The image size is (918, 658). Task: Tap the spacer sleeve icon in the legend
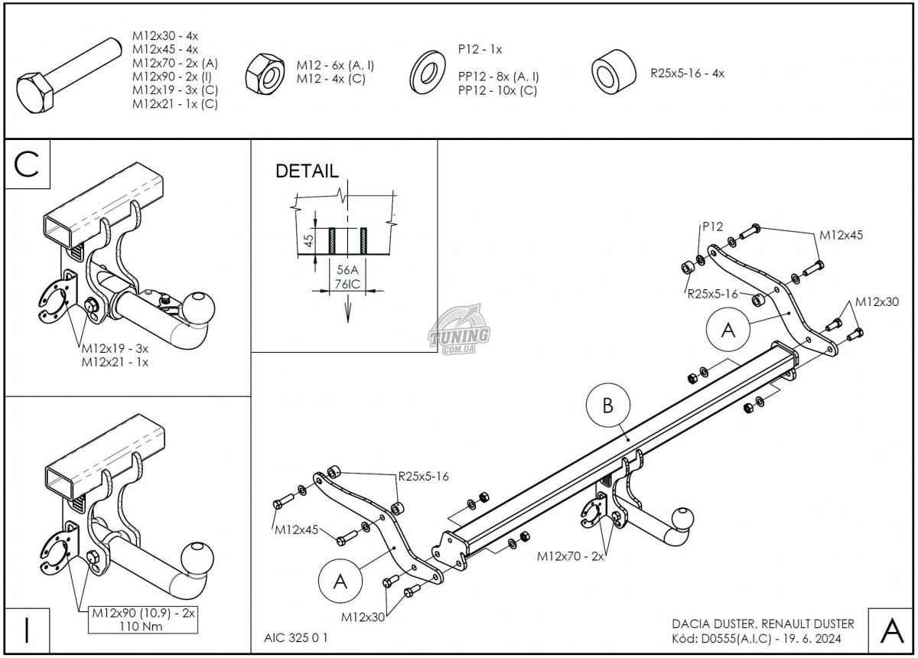tap(614, 73)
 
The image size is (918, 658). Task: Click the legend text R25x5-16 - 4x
tap(687, 73)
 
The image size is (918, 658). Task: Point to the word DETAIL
tap(307, 171)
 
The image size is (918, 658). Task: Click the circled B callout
tap(608, 406)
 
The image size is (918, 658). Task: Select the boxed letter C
tap(28, 164)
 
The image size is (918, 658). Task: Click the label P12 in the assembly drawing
tap(713, 226)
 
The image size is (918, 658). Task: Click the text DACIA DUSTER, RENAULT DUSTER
tap(763, 624)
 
